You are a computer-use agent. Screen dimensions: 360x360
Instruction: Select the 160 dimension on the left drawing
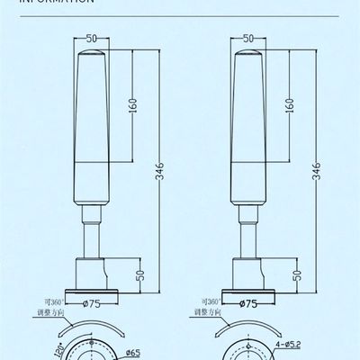(132, 104)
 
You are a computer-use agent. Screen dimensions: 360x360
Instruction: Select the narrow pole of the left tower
(92, 238)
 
